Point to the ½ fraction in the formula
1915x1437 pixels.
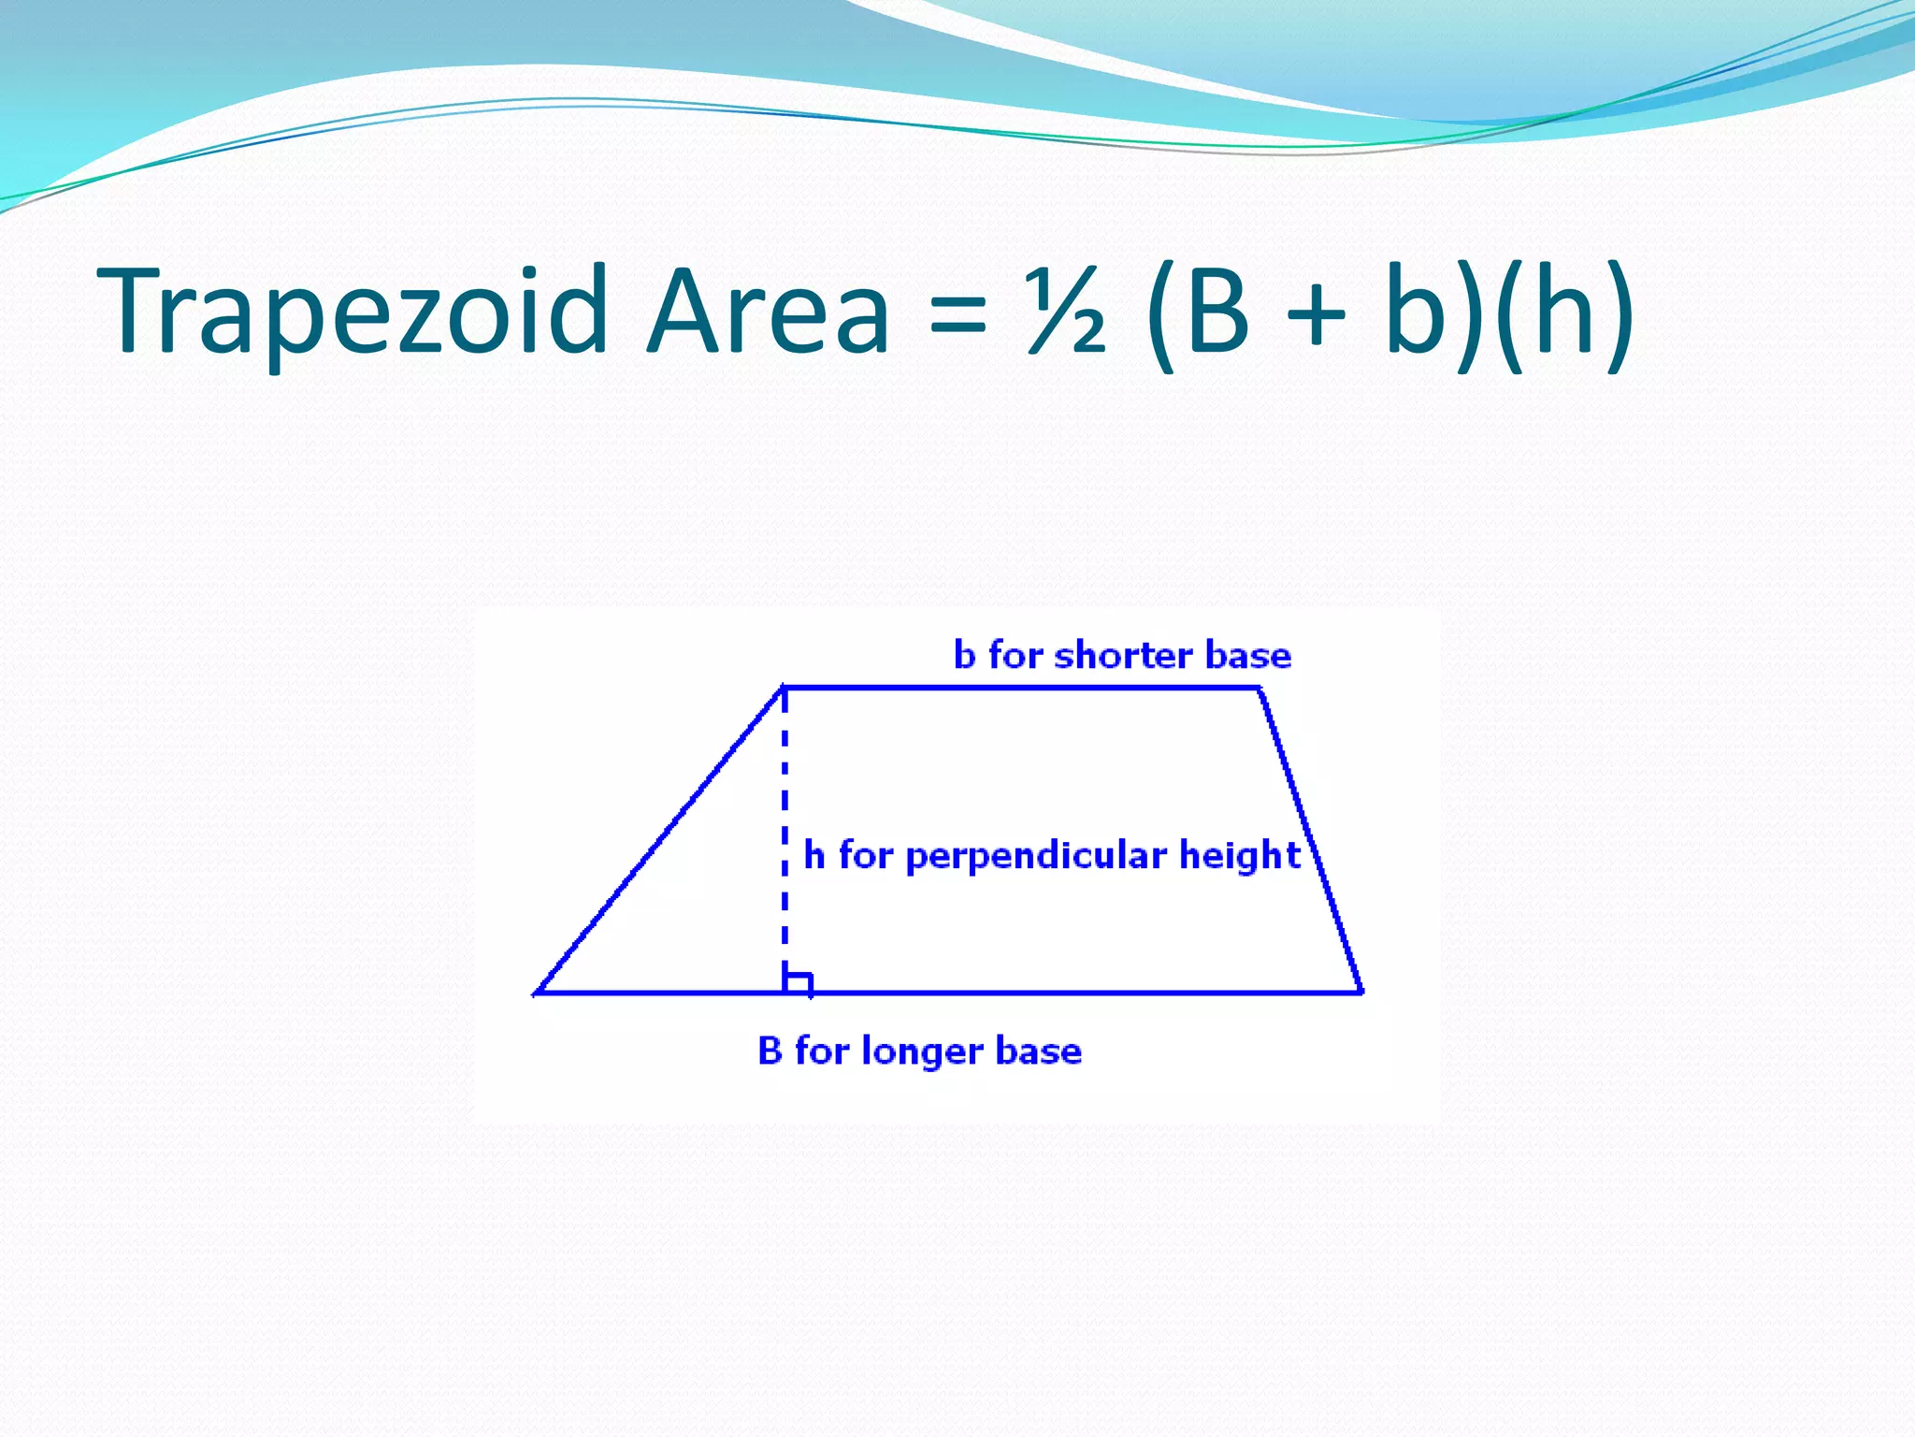pos(1066,312)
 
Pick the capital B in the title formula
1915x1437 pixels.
pos(1214,312)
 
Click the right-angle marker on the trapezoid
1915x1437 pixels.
pos(798,982)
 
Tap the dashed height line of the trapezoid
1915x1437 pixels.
pos(785,823)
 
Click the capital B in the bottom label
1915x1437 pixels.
pos(770,1051)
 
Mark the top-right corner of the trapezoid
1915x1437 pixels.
pos(1260,689)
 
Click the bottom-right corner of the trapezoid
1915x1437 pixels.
pos(1361,992)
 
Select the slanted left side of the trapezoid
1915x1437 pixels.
pos(660,840)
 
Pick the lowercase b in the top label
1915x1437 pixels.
pos(964,655)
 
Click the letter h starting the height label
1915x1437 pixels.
pos(814,855)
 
